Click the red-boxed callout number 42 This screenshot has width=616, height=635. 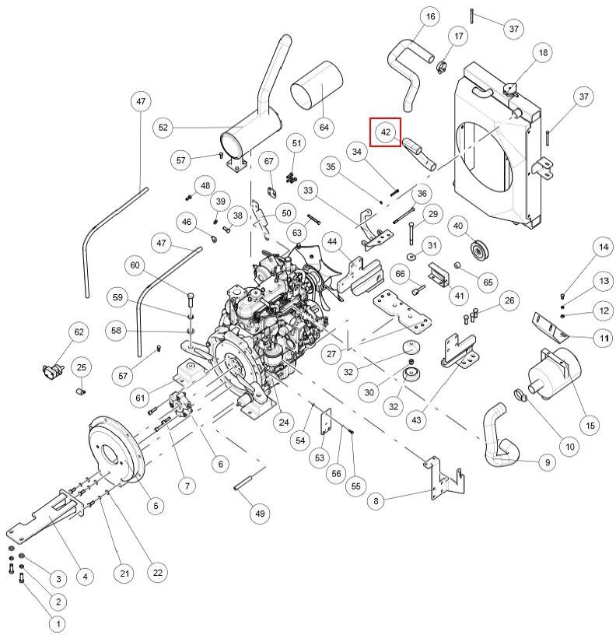tap(385, 132)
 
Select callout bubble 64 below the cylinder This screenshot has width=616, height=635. tap(324, 128)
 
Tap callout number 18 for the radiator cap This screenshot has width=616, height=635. tap(543, 52)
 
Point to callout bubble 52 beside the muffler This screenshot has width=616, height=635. tap(163, 128)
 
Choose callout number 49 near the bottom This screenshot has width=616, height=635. tap(260, 514)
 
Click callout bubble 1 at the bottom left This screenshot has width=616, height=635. tap(58, 623)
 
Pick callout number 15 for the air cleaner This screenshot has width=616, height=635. tap(590, 425)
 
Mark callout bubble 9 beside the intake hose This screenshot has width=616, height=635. tap(548, 462)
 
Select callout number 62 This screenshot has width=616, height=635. tap(79, 332)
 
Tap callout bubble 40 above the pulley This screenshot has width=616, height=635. tap(458, 226)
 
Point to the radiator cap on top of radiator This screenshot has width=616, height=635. tap(510, 88)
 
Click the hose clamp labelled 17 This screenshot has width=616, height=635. tap(442, 66)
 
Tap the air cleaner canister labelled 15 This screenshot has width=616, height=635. tap(554, 373)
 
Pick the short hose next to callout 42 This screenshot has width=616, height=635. tap(419, 154)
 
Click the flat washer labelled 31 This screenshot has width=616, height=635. tap(412, 256)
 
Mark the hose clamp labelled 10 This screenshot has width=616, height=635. tap(520, 395)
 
